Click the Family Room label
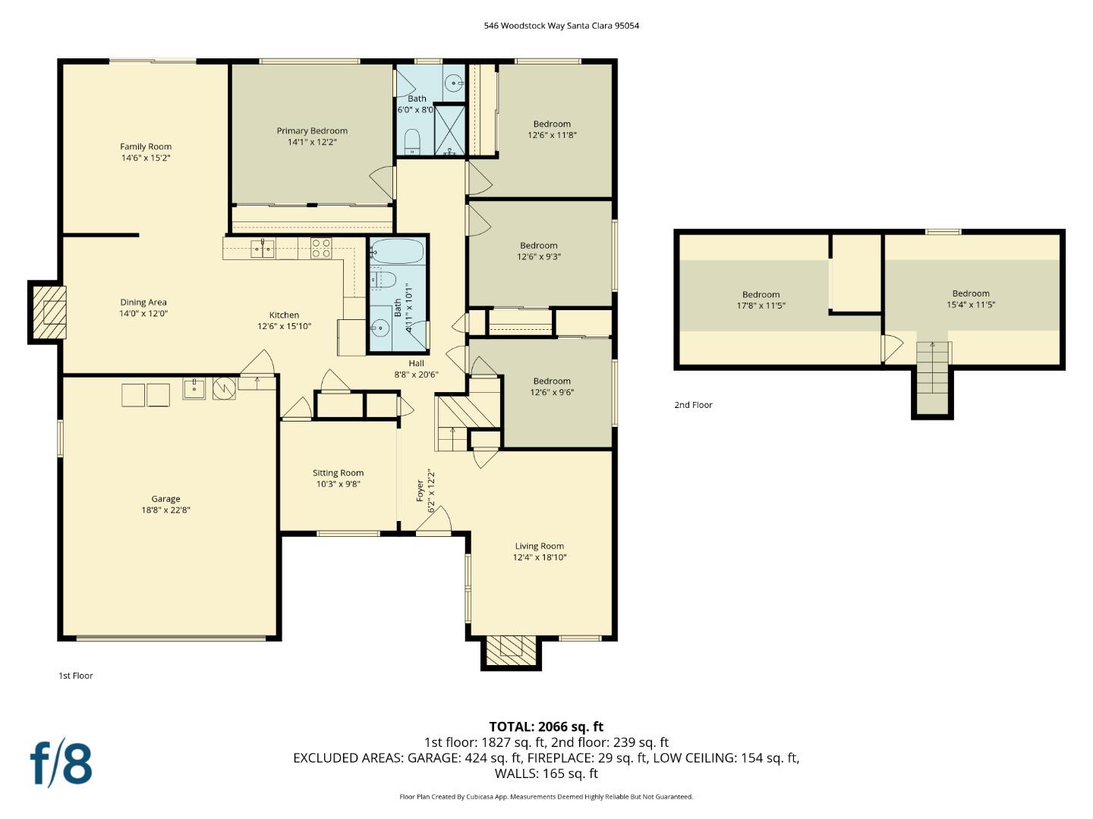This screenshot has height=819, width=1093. [x=146, y=146]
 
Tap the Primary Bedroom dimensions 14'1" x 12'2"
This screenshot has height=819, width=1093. [x=312, y=142]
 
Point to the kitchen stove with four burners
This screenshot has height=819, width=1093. [x=321, y=248]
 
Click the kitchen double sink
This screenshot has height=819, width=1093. [x=263, y=248]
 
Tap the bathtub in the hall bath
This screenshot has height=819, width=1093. [x=397, y=251]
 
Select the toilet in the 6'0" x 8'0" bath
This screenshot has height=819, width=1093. [x=412, y=141]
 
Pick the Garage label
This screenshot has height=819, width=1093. [x=165, y=499]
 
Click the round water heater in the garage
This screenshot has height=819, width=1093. [x=224, y=388]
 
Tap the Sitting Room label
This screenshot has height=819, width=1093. [x=338, y=473]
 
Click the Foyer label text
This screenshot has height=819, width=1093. [x=420, y=491]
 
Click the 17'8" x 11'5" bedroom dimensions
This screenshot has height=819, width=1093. [x=761, y=306]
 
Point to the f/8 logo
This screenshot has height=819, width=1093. [x=61, y=764]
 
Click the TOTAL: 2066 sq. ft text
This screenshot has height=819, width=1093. [x=546, y=726]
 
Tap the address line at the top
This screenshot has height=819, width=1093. [x=561, y=25]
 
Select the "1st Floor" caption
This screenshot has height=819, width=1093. [x=75, y=676]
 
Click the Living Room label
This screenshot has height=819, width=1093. [x=539, y=546]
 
